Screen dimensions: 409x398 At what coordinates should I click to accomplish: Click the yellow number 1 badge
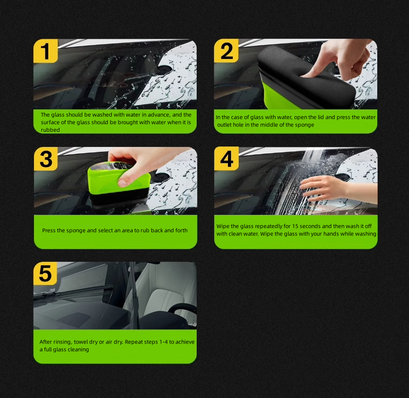(46, 51)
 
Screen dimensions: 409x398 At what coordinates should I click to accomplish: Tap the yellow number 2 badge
(226, 51)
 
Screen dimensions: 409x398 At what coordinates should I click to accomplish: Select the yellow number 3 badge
(46, 159)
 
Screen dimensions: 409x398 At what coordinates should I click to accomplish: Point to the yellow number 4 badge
(227, 159)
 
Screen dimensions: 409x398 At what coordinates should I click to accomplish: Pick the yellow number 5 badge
(45, 273)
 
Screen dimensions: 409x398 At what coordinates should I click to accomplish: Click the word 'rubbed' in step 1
(51, 130)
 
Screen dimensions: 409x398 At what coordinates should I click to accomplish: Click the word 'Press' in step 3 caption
(49, 230)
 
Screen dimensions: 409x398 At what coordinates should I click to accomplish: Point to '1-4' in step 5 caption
(164, 342)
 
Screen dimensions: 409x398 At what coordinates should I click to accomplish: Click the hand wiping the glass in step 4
(328, 188)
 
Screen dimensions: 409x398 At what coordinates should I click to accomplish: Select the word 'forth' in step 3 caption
(181, 230)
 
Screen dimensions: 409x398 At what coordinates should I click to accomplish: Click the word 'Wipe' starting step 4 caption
(223, 226)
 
